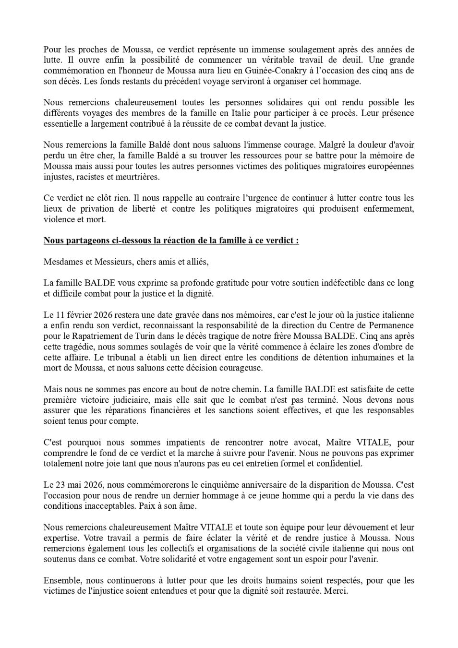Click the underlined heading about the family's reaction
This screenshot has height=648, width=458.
171,240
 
